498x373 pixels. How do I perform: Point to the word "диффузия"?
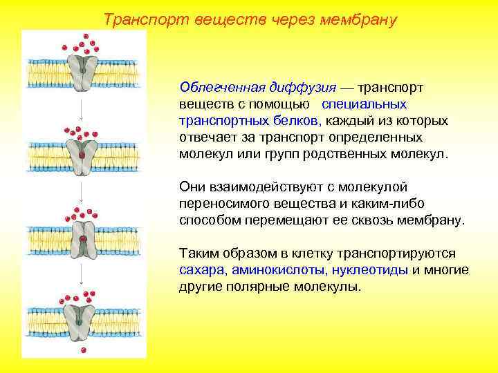[302, 88]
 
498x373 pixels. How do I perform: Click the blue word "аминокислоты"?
[279, 270]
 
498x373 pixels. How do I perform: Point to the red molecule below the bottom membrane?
[83, 350]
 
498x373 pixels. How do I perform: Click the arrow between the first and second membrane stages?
[81, 108]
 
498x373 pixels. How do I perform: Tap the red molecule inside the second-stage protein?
[82, 155]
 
